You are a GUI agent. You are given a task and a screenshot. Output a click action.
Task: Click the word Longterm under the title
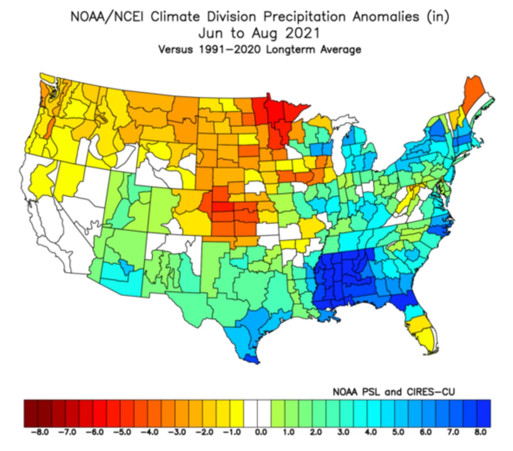(x=291, y=49)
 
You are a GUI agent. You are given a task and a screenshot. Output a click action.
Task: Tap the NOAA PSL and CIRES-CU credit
(x=393, y=392)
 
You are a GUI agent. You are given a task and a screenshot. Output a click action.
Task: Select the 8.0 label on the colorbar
(x=480, y=432)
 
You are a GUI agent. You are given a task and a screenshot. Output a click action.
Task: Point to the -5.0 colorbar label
(x=121, y=432)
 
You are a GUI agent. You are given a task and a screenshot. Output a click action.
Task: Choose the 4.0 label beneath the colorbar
(x=370, y=432)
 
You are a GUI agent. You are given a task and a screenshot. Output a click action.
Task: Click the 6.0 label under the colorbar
(x=425, y=432)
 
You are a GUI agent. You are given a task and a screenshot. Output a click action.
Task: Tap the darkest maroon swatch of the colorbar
(x=31, y=413)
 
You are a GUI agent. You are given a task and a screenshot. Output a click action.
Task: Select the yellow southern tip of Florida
(x=426, y=336)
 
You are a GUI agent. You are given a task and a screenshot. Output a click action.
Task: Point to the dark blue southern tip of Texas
(x=252, y=360)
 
